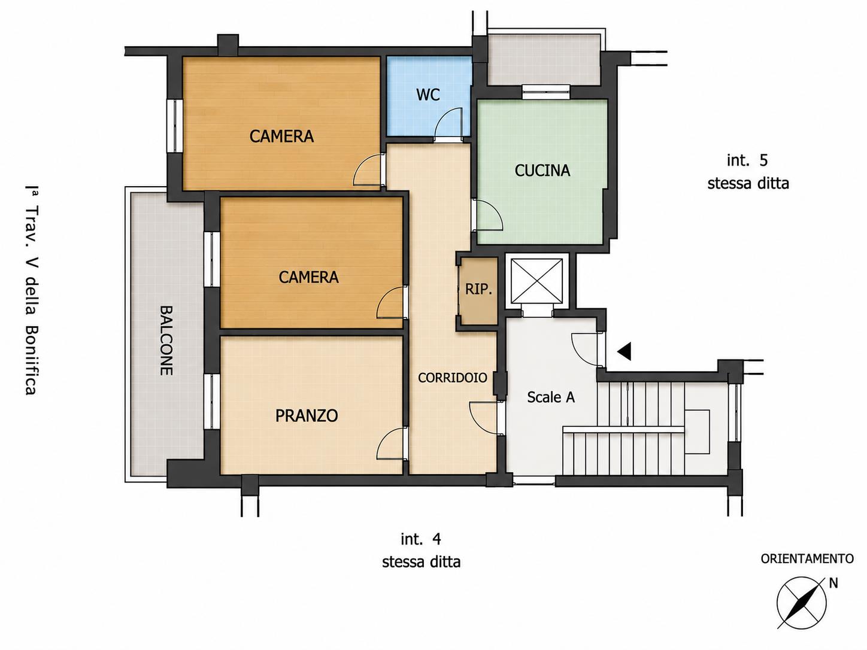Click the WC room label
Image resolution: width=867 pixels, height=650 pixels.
coord(428,95)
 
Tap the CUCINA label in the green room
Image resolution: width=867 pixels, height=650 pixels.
coord(542,171)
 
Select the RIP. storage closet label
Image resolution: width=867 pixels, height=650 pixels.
coord(478,289)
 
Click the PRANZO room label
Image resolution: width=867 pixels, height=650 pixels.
coord(307,415)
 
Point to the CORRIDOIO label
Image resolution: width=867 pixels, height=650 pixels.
coord(452,378)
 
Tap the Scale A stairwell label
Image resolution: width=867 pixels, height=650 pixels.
coord(551,397)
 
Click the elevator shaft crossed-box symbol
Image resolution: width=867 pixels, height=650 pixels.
coord(536,281)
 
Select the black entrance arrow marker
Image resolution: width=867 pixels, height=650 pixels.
coord(625,351)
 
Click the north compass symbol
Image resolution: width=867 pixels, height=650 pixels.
coord(801,603)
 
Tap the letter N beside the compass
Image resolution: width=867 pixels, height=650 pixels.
coord(833,583)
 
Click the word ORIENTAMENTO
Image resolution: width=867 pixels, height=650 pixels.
coord(807,559)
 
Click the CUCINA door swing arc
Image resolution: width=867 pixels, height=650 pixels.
coord(495,209)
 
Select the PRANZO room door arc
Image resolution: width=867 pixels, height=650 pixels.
coord(385,439)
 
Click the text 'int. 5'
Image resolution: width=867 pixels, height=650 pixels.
coord(747,160)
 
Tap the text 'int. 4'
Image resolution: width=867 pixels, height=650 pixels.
coord(421,539)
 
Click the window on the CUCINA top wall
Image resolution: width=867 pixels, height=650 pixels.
coord(546,92)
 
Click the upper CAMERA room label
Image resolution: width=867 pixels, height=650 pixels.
coord(281,136)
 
